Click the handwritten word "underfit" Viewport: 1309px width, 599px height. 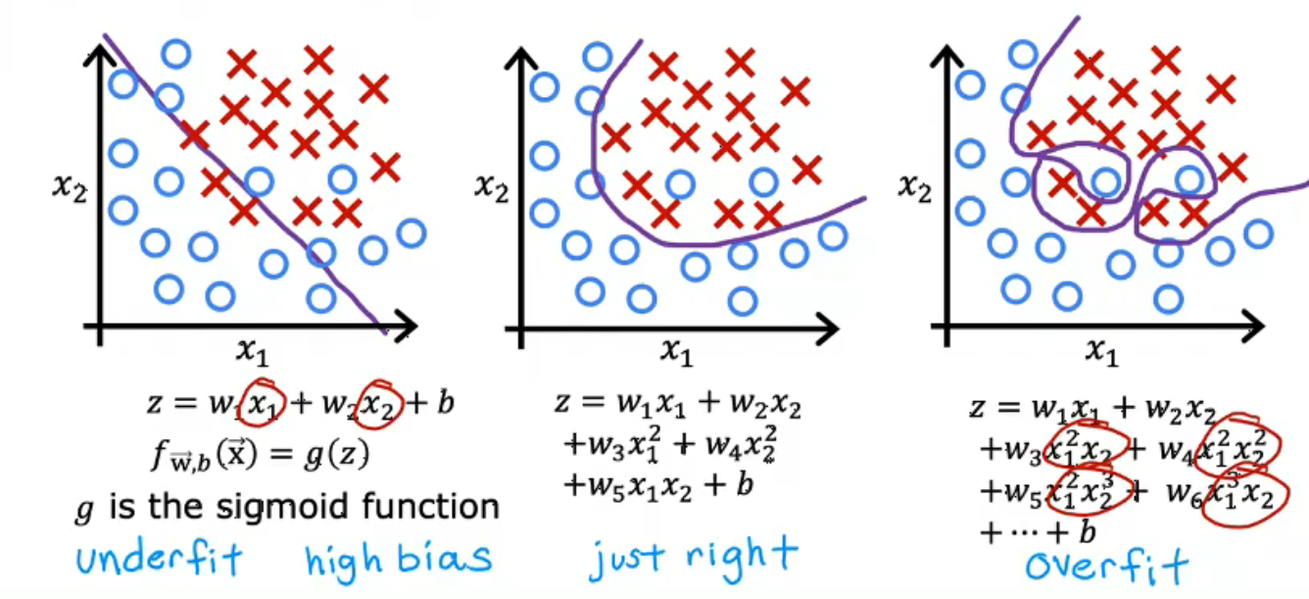tap(159, 559)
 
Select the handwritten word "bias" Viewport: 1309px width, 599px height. tap(445, 558)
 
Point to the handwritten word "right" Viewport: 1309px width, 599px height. tap(742, 556)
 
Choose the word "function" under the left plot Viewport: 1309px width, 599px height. tap(431, 506)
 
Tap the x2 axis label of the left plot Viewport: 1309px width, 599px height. tap(71, 187)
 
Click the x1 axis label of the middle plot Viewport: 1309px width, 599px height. tap(677, 351)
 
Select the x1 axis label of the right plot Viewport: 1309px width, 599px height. tap(1102, 351)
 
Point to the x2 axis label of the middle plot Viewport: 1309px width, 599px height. tap(492, 187)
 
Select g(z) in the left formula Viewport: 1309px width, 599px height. tap(337, 455)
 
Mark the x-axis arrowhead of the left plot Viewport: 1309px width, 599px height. tap(406, 325)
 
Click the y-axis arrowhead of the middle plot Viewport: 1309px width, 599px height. tap(520, 59)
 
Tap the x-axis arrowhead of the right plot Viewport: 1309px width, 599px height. tap(1252, 325)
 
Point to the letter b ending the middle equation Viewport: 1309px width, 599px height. tap(745, 483)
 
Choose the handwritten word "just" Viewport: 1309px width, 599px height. tap(626, 558)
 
